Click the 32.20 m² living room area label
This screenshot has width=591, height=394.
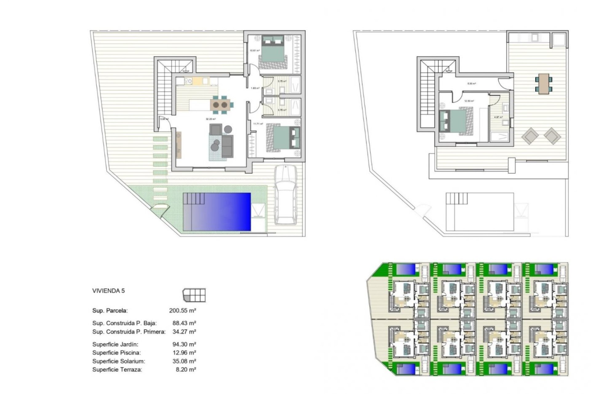(211, 119)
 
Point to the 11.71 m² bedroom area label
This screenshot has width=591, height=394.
(258, 124)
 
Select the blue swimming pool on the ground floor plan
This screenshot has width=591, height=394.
(217, 212)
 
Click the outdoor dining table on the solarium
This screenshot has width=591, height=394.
(544, 83)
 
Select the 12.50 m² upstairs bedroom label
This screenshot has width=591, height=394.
(469, 101)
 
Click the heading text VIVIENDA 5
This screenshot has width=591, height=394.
(109, 291)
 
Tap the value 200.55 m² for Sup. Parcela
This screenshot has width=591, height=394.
(183, 311)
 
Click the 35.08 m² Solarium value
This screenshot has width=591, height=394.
(184, 361)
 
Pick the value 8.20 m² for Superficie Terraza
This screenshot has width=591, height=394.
(186, 370)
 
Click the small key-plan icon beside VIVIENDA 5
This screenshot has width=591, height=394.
(194, 295)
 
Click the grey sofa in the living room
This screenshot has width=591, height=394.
(227, 146)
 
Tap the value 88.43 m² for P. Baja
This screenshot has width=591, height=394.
(184, 323)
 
